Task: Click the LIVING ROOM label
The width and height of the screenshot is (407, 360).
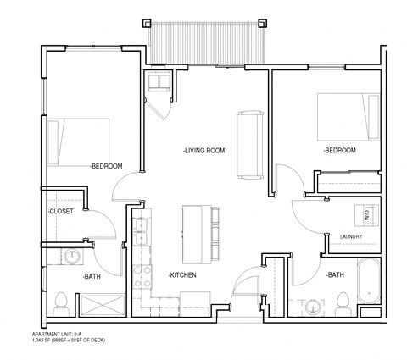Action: [203, 151]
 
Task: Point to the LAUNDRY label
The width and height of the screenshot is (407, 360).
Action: [351, 236]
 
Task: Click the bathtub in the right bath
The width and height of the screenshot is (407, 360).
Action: [370, 285]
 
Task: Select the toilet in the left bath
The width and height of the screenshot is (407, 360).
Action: [60, 302]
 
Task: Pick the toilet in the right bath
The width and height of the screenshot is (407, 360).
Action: [344, 302]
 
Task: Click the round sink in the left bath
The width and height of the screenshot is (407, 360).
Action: [72, 254]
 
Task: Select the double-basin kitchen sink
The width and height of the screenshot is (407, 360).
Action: [141, 229]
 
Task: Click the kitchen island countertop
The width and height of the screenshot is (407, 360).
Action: [192, 233]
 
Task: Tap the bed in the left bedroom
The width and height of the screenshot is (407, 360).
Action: [78, 141]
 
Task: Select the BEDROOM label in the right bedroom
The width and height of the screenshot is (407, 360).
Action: [339, 150]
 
